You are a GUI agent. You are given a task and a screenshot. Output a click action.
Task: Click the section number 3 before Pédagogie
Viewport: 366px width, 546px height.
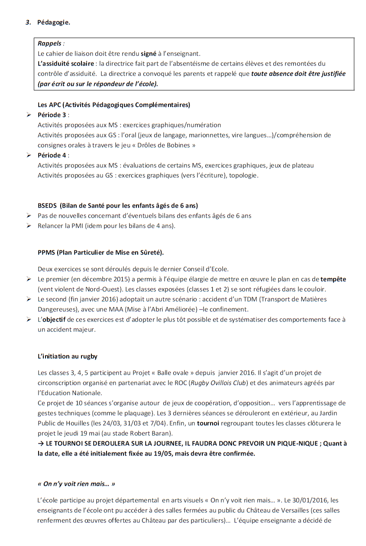[x=28, y=22]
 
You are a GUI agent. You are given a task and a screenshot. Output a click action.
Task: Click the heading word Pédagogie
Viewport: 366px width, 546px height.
[x=54, y=22]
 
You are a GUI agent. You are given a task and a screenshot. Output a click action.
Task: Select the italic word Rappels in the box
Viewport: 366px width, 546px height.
[x=49, y=44]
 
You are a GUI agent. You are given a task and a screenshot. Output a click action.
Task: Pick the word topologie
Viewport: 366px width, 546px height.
[x=243, y=175]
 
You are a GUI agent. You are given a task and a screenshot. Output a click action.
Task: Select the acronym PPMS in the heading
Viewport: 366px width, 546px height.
[x=46, y=252]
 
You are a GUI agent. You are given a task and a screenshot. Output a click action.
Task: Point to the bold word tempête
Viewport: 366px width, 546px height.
[x=333, y=279]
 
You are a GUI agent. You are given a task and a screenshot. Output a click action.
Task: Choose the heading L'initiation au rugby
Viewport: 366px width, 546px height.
[x=68, y=356]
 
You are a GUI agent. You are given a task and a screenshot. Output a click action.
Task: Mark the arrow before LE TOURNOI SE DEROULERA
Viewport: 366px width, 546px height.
[x=41, y=443]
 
